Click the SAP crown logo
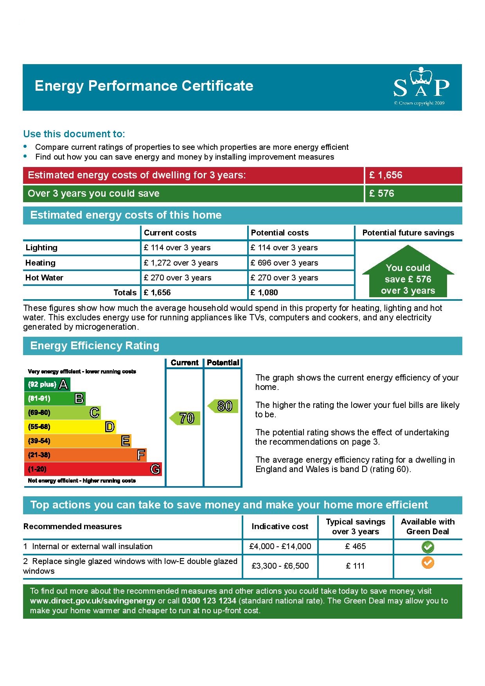pos(421,85)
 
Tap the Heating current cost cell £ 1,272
pos(181,263)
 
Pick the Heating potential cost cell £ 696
pos(284,263)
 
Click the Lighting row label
pos(41,248)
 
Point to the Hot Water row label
pos(44,278)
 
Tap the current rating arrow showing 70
pos(185,418)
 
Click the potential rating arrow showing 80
pos(223,406)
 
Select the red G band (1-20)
pos(93,469)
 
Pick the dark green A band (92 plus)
pos(47,384)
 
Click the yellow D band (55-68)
pos(70,427)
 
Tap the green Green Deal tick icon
pos(428,547)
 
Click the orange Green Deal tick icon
pos(428,563)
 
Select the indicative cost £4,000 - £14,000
pos(280,546)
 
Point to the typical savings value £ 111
pos(355,566)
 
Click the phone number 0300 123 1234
pos(209,601)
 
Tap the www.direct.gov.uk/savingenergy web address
pos(93,601)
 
